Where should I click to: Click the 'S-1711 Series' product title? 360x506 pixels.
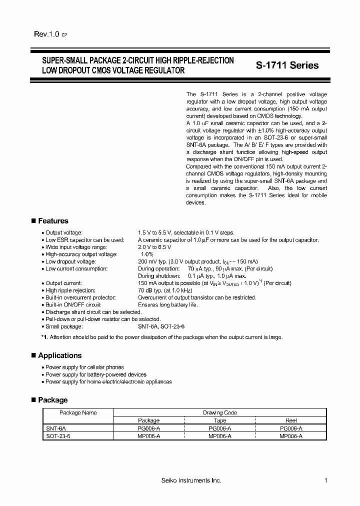(287, 65)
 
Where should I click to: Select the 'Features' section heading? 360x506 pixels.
(52, 221)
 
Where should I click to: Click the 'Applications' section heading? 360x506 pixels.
(59, 355)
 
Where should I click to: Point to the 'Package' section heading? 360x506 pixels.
(52, 400)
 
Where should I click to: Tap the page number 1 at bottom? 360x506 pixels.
(325, 480)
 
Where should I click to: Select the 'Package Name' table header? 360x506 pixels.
(78, 413)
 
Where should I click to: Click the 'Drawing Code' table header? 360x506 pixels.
(219, 413)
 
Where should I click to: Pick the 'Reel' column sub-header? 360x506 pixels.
(290, 420)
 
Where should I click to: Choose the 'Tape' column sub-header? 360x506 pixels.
(219, 420)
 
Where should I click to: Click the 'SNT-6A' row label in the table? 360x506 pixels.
(55, 428)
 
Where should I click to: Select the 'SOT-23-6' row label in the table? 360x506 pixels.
(58, 436)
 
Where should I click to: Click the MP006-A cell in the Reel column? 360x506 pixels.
(290, 436)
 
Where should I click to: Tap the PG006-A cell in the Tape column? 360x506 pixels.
(219, 428)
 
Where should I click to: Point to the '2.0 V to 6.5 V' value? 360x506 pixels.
(154, 247)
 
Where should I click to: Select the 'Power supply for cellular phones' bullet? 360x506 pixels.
(84, 367)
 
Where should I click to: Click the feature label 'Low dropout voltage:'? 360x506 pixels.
(70, 261)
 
